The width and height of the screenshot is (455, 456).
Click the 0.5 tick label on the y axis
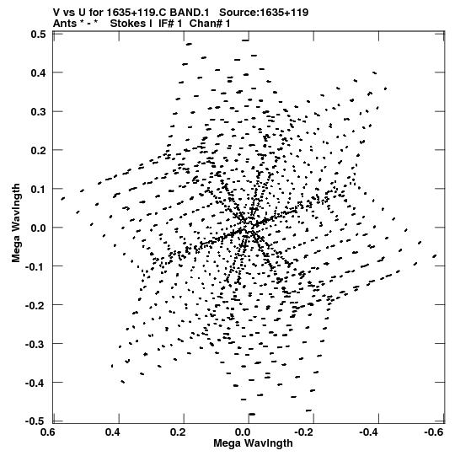(x=38, y=34)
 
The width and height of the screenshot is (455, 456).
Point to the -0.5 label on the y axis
(x=35, y=421)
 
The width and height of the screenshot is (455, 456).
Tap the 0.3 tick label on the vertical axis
(x=38, y=111)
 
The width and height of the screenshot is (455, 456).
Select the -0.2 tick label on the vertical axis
(x=35, y=305)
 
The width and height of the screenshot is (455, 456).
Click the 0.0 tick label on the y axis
(x=38, y=228)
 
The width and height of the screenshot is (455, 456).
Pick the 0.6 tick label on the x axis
(x=47, y=432)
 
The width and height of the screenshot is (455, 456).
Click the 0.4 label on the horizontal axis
(x=113, y=432)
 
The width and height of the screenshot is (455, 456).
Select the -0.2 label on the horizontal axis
(x=304, y=432)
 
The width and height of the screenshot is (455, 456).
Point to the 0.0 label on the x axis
(x=243, y=432)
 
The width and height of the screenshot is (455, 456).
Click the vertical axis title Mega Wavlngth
(x=16, y=223)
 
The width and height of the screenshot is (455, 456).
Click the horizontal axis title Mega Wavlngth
(x=253, y=443)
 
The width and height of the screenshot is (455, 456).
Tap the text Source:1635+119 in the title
(x=264, y=13)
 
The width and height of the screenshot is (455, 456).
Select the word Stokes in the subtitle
(x=131, y=24)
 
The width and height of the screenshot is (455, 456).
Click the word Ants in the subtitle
(x=65, y=24)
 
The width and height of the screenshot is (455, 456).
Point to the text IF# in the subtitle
(x=167, y=24)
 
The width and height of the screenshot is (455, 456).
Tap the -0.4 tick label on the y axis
(x=35, y=383)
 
